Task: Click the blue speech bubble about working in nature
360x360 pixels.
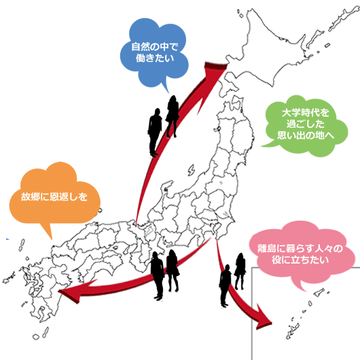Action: pyautogui.click(x=154, y=53)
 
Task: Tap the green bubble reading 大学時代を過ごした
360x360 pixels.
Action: pyautogui.click(x=306, y=126)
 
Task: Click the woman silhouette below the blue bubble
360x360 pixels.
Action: pyautogui.click(x=173, y=116)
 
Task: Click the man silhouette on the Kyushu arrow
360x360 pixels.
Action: pyautogui.click(x=158, y=276)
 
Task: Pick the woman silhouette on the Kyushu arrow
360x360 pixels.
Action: pyautogui.click(x=173, y=270)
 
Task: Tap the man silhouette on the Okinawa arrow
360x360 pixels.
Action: pyautogui.click(x=226, y=285)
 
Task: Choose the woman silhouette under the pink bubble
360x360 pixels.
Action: pyautogui.click(x=240, y=271)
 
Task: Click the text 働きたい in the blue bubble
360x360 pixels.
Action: pyautogui.click(x=154, y=58)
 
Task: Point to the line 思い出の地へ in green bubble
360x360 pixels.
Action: pyautogui.click(x=306, y=135)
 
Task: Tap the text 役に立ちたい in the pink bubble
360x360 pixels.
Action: pyautogui.click(x=300, y=260)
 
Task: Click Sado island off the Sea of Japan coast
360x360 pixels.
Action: pyautogui.click(x=191, y=170)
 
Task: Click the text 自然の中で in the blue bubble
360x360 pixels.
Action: pyautogui.click(x=154, y=47)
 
